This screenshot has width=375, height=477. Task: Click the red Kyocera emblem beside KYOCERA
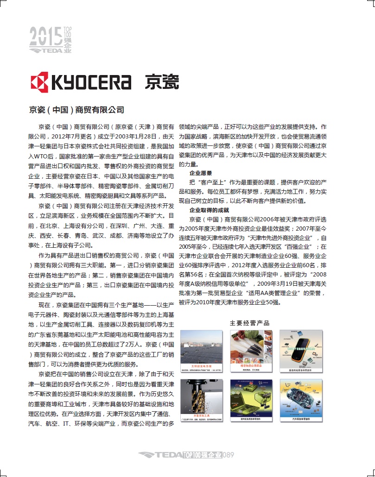point(39,82)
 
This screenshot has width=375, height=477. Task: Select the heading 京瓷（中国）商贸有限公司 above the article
point(76,110)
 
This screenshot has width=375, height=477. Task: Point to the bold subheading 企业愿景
point(201,173)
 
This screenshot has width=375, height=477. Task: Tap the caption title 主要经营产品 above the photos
point(249,323)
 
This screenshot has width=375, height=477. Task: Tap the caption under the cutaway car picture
point(300,419)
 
